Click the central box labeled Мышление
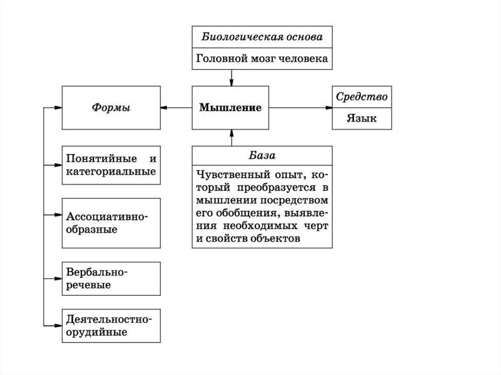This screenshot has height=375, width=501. tap(230, 108)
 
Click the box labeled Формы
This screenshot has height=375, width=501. tap(112, 108)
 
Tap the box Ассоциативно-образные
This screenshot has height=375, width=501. tap(112, 222)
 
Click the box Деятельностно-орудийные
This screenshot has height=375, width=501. tap(112, 326)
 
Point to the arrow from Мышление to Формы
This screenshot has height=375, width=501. tap(176, 108)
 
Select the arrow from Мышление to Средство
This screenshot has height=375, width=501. tap(300, 108)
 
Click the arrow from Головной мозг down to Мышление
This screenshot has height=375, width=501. tap(230, 77)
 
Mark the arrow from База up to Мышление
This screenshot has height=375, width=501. tap(230, 137)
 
